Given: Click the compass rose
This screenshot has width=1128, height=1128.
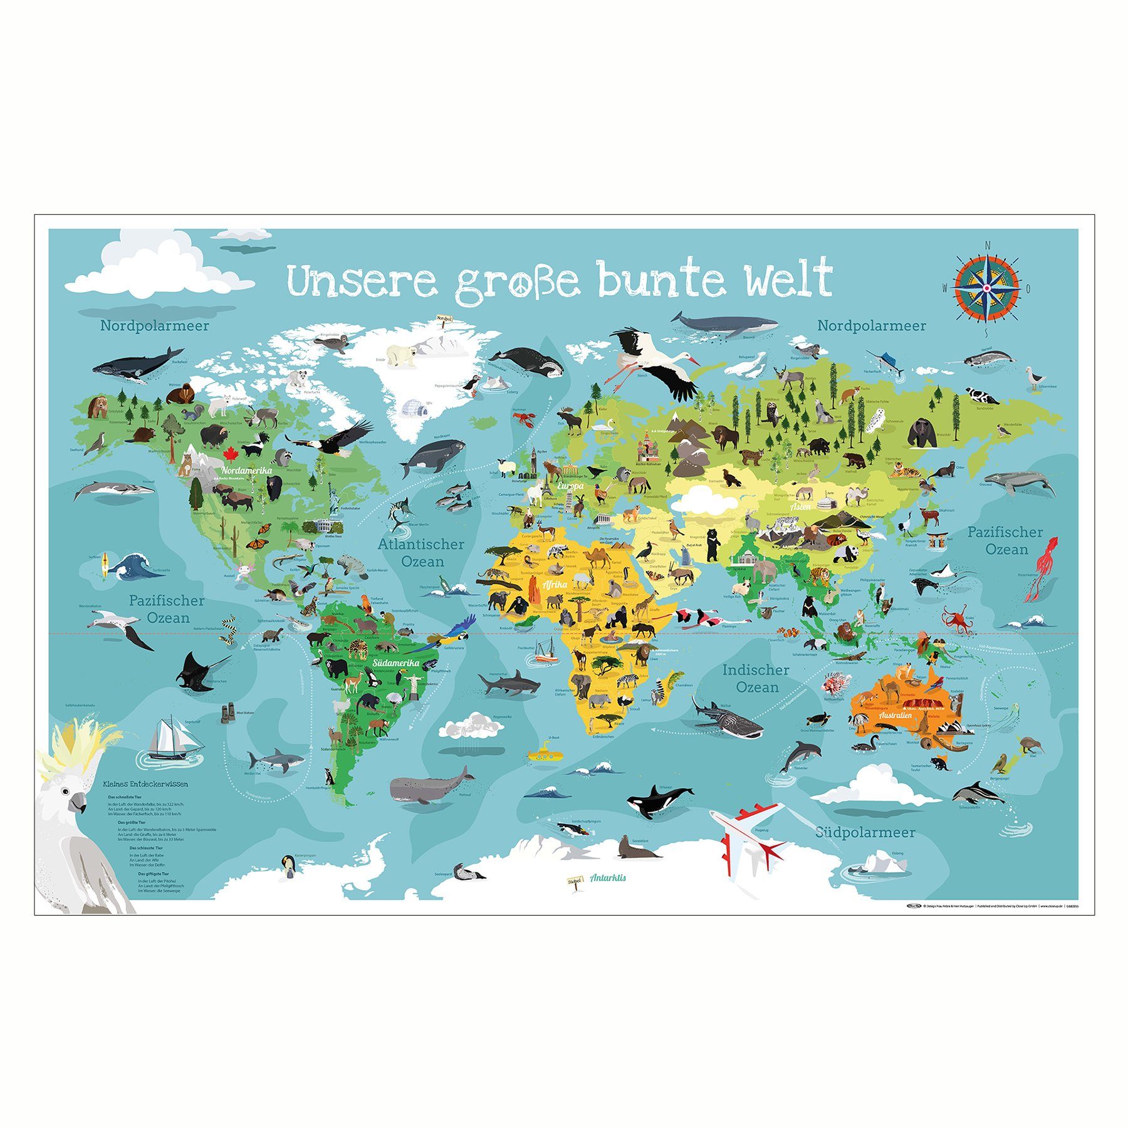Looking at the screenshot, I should pyautogui.click(x=986, y=288).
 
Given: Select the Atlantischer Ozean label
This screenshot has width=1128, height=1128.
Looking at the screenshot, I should pyautogui.click(x=421, y=552).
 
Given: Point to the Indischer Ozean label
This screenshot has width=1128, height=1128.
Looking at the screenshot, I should pyautogui.click(x=756, y=678).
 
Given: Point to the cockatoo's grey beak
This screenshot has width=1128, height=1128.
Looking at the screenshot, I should pyautogui.click(x=78, y=803).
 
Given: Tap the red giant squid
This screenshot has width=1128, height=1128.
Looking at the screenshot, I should pyautogui.click(x=1044, y=567).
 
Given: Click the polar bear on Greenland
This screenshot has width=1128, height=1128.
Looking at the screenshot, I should pyautogui.click(x=400, y=355).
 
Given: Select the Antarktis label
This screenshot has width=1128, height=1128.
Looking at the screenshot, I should pyautogui.click(x=607, y=878).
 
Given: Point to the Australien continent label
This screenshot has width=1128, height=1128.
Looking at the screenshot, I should pyautogui.click(x=895, y=715).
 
